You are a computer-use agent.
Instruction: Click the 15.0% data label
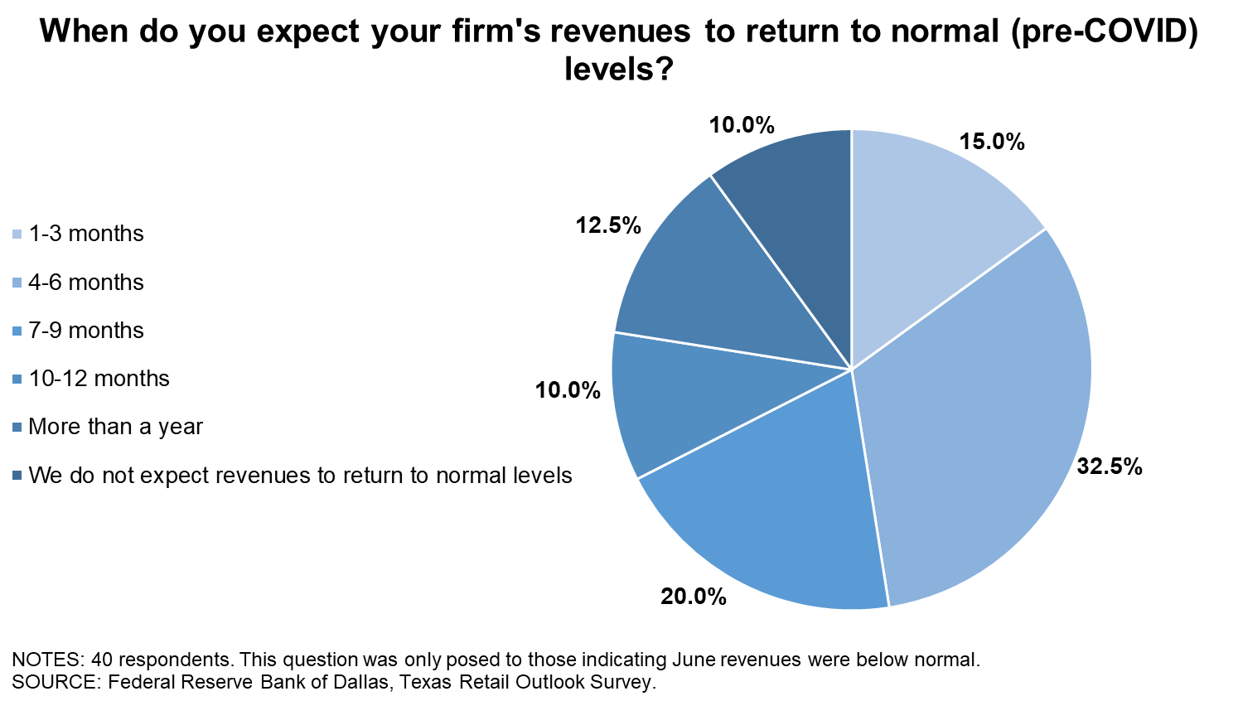(992, 142)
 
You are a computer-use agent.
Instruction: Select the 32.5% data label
(1110, 467)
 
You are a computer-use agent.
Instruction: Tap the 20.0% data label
(694, 596)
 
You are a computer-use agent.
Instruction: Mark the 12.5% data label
(609, 225)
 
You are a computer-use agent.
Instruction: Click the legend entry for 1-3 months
(85, 234)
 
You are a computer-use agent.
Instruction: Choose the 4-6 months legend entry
(85, 283)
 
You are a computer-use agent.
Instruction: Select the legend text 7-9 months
(85, 331)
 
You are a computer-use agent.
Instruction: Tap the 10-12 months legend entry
(99, 379)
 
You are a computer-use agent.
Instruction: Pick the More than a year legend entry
(115, 427)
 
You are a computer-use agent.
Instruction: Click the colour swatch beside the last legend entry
(17, 476)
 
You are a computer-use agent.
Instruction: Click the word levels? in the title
(618, 70)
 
